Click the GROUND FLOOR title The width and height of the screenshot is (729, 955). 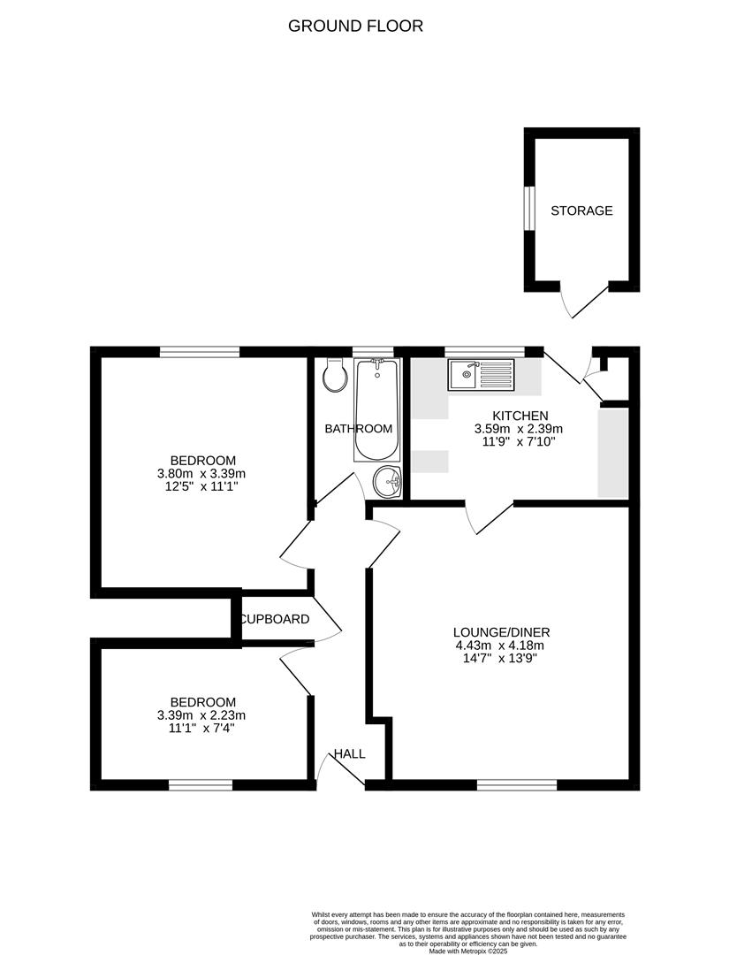pyautogui.click(x=355, y=26)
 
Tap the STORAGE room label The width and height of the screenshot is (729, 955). pyautogui.click(x=581, y=210)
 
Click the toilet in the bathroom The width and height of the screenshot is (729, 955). pyautogui.click(x=335, y=377)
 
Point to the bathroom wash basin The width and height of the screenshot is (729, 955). pyautogui.click(x=387, y=483)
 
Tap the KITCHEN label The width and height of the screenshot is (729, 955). pyautogui.click(x=520, y=415)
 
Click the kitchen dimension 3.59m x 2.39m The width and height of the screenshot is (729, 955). pyautogui.click(x=520, y=429)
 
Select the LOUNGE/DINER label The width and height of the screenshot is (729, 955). pyautogui.click(x=501, y=631)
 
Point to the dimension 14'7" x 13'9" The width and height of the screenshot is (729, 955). pyautogui.click(x=501, y=658)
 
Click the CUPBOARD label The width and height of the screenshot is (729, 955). pyautogui.click(x=275, y=619)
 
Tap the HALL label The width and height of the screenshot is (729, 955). pyautogui.click(x=349, y=753)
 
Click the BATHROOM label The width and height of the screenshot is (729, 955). pyautogui.click(x=358, y=429)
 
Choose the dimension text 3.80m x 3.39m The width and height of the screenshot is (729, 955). pyautogui.click(x=202, y=474)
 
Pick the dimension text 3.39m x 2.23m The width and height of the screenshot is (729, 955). pyautogui.click(x=202, y=715)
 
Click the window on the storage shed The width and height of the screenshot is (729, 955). pyautogui.click(x=528, y=209)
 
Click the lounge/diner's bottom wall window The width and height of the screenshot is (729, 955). pyautogui.click(x=517, y=784)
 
